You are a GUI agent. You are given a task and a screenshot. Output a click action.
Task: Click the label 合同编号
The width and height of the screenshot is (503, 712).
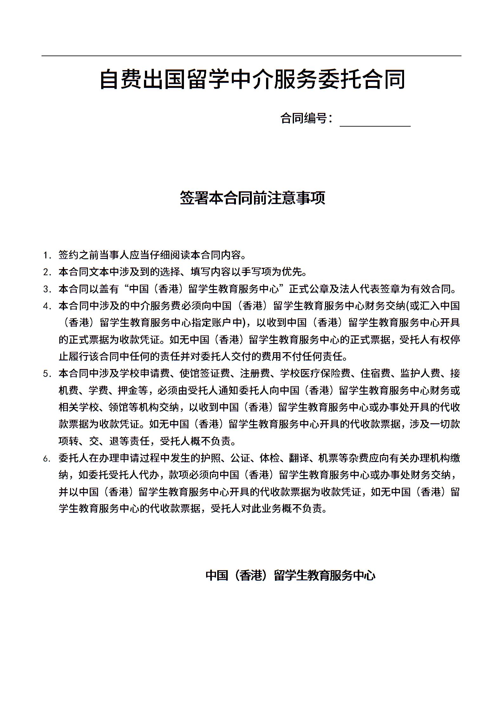306,118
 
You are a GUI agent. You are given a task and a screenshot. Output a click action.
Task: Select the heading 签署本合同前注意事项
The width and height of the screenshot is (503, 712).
252,198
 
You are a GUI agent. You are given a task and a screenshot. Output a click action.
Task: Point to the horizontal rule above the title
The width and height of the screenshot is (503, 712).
251,56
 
